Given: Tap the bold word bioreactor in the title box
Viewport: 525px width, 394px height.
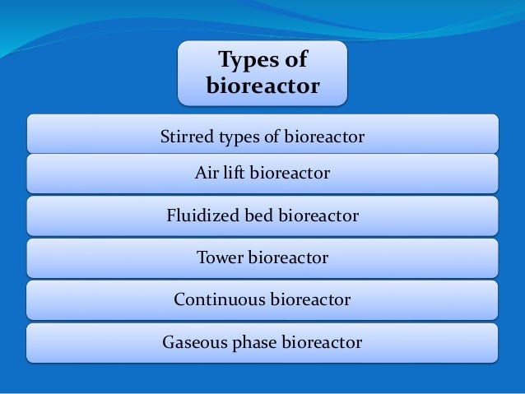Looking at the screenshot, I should pyautogui.click(x=262, y=86).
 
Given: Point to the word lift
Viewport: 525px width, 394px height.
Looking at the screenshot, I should pyautogui.click(x=233, y=174).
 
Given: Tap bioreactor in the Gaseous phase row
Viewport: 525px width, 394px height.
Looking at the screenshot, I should pyautogui.click(x=322, y=342).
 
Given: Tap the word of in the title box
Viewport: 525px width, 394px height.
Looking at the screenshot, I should pyautogui.click(x=294, y=61).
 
